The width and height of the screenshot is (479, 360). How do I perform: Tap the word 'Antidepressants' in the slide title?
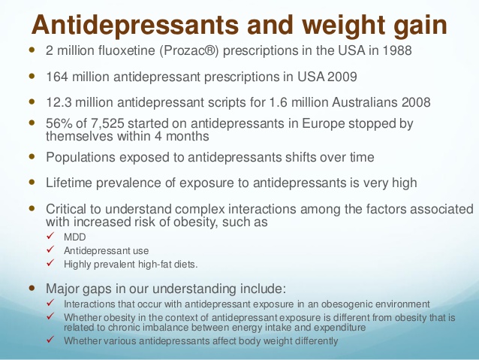tap(135, 25)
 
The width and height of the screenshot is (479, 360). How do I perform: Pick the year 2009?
tap(342, 77)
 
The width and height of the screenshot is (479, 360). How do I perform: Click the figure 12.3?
tap(59, 102)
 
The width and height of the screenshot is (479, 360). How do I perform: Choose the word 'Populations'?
tap(80, 157)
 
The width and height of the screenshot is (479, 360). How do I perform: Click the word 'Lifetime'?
tap(69, 183)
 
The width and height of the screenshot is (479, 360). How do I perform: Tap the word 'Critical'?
tap(66, 209)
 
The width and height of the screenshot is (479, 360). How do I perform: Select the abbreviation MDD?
tap(75, 237)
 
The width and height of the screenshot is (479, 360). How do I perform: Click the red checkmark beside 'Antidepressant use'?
tap(50, 250)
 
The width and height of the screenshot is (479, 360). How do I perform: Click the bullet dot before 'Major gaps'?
tap(32, 288)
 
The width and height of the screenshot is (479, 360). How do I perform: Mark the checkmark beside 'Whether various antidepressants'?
tap(50, 339)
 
